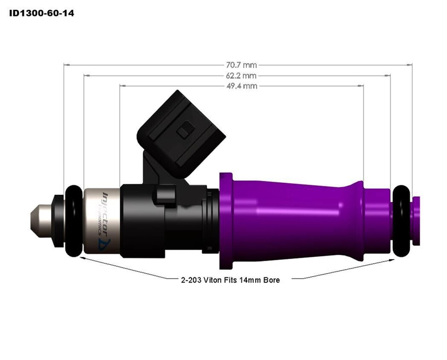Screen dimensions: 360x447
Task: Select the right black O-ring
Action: [403, 221]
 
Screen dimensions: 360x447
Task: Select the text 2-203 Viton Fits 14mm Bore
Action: [230, 280]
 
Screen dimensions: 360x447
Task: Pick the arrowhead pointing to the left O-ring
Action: [82, 258]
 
